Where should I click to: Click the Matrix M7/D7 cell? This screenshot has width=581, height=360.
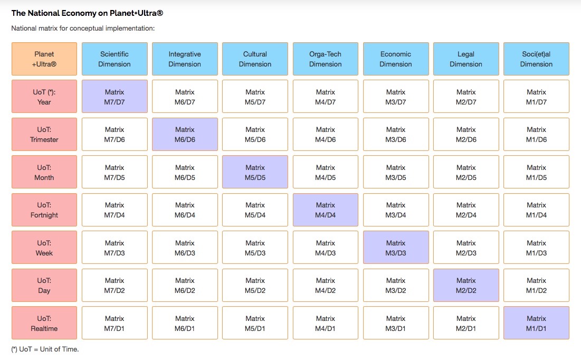pos(115,97)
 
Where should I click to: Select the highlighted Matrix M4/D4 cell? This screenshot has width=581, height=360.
pos(325,210)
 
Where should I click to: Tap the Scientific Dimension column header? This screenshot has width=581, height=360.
pos(115,59)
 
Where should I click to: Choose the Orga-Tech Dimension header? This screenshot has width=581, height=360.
pos(325,59)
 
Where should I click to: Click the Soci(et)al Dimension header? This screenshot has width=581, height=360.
pos(536,59)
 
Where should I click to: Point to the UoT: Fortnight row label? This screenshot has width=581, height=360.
pos(44,210)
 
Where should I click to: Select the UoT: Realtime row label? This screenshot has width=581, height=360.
pos(44,323)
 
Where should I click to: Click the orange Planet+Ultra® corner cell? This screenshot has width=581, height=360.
pos(44,59)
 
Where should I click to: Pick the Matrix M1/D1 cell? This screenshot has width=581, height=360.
pos(536,323)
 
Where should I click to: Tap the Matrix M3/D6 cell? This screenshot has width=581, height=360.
pos(395,134)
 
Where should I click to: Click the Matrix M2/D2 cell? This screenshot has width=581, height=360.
pos(466,285)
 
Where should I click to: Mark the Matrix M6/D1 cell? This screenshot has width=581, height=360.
pos(185,323)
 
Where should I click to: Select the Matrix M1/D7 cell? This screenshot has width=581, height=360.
pos(536,97)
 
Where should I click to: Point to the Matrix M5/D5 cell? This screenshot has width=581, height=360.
pos(255,172)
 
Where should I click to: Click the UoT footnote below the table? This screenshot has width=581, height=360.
pos(45,349)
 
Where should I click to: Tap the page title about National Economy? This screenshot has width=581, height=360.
pos(87,13)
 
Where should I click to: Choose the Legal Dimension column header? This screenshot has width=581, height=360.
pos(466,59)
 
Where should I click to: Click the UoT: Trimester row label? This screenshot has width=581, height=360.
pos(44,134)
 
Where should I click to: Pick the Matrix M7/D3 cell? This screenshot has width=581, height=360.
pos(115,248)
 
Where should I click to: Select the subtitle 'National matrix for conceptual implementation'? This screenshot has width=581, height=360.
pos(83,28)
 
